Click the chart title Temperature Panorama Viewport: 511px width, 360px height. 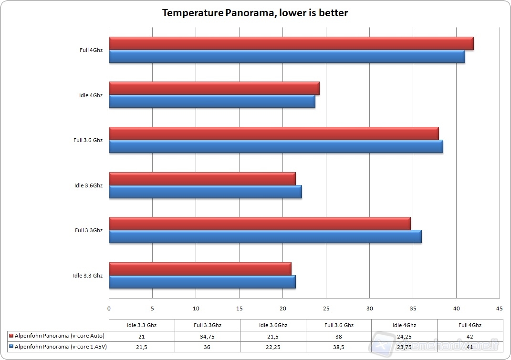[255, 13]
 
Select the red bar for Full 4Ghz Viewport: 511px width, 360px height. [291, 43]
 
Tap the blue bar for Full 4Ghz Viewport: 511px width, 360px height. [287, 56]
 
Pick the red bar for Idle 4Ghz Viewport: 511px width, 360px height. [214, 88]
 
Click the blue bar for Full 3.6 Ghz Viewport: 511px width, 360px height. [276, 146]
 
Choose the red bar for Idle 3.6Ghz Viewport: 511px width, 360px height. [202, 178]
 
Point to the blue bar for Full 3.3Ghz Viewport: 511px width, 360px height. [265, 237]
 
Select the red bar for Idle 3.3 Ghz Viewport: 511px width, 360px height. [200, 268]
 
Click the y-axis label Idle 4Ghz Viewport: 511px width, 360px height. [91, 95]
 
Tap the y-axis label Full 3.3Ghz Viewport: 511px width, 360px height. [89, 230]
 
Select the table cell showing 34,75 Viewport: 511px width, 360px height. [207, 336]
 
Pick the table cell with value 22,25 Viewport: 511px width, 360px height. [272, 347]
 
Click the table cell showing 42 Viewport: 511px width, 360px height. [469, 336]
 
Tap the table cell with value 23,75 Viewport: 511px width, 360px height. [404, 347]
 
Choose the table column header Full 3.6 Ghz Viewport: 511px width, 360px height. [338, 325]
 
